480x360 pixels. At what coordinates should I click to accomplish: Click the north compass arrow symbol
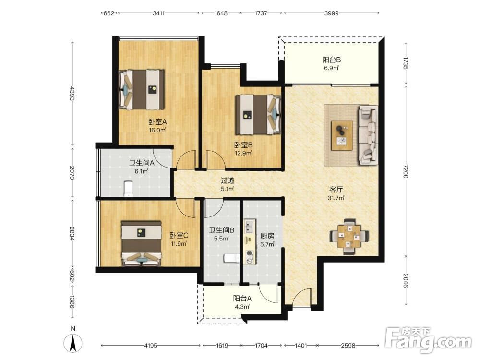[x=73, y=343]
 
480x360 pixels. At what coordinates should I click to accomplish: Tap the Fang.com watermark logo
[x=429, y=340]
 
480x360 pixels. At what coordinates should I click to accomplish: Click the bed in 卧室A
[x=142, y=90]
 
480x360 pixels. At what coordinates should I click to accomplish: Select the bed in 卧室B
[x=258, y=115]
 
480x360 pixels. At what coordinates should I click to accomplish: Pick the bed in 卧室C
[x=142, y=244]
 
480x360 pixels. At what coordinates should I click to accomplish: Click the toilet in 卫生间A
[x=129, y=189]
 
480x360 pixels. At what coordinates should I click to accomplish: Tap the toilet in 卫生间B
[x=232, y=258]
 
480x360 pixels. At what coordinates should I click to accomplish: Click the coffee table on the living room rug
[x=342, y=136]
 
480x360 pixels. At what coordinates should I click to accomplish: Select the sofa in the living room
[x=369, y=135]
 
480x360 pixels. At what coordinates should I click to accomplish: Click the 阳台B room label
[x=332, y=60]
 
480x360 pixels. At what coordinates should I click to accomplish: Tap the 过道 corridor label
[x=228, y=181]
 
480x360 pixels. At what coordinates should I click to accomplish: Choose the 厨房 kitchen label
[x=267, y=236]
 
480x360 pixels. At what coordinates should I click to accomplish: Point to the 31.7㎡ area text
[x=336, y=198]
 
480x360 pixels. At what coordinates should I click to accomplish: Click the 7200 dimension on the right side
[x=406, y=171]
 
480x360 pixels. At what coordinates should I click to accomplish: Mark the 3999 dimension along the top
[x=332, y=13]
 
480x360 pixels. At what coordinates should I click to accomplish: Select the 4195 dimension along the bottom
[x=151, y=345]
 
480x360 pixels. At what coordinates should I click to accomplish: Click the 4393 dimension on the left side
[x=72, y=94]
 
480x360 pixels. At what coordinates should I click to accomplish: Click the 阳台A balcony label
[x=242, y=298]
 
